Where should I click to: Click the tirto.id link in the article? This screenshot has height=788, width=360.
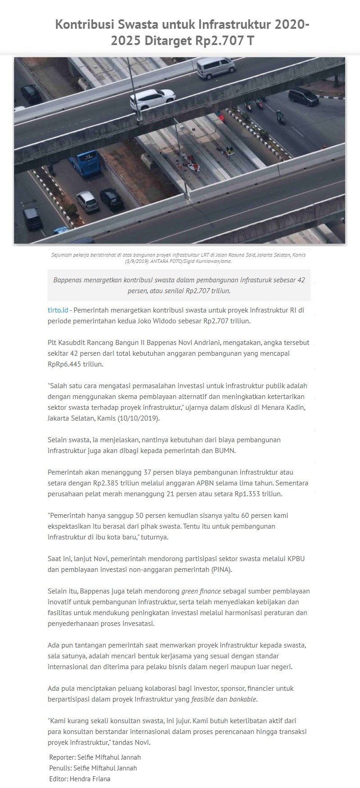58,310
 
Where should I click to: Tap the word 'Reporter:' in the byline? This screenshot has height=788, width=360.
62,757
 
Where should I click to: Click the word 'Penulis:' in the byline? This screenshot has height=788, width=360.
60,768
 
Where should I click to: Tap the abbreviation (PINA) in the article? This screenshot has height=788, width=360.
222,570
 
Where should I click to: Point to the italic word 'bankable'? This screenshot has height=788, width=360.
243,699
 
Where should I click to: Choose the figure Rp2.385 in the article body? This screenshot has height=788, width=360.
108,483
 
